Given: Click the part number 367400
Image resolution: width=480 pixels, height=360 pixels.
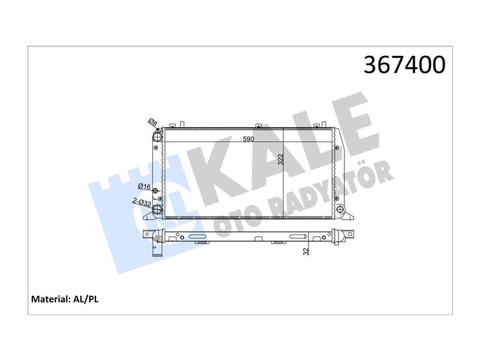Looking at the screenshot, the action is point(404,65).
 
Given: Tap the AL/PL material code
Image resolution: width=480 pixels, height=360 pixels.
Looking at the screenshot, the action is point(86,299).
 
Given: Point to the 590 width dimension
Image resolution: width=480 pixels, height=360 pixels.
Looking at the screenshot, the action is point(248,139).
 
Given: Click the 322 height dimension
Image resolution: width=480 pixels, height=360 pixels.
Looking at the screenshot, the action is point(281,160).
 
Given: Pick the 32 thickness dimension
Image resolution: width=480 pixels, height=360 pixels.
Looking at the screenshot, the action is point(306,251).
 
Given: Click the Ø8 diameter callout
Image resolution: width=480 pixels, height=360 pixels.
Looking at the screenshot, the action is point(152,122).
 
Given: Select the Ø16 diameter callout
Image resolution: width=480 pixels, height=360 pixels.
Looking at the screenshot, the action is point(144,187).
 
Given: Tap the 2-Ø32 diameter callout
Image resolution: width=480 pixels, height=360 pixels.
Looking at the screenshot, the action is point(142,202).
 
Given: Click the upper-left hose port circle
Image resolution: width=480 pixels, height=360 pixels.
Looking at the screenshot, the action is point(157,137).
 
